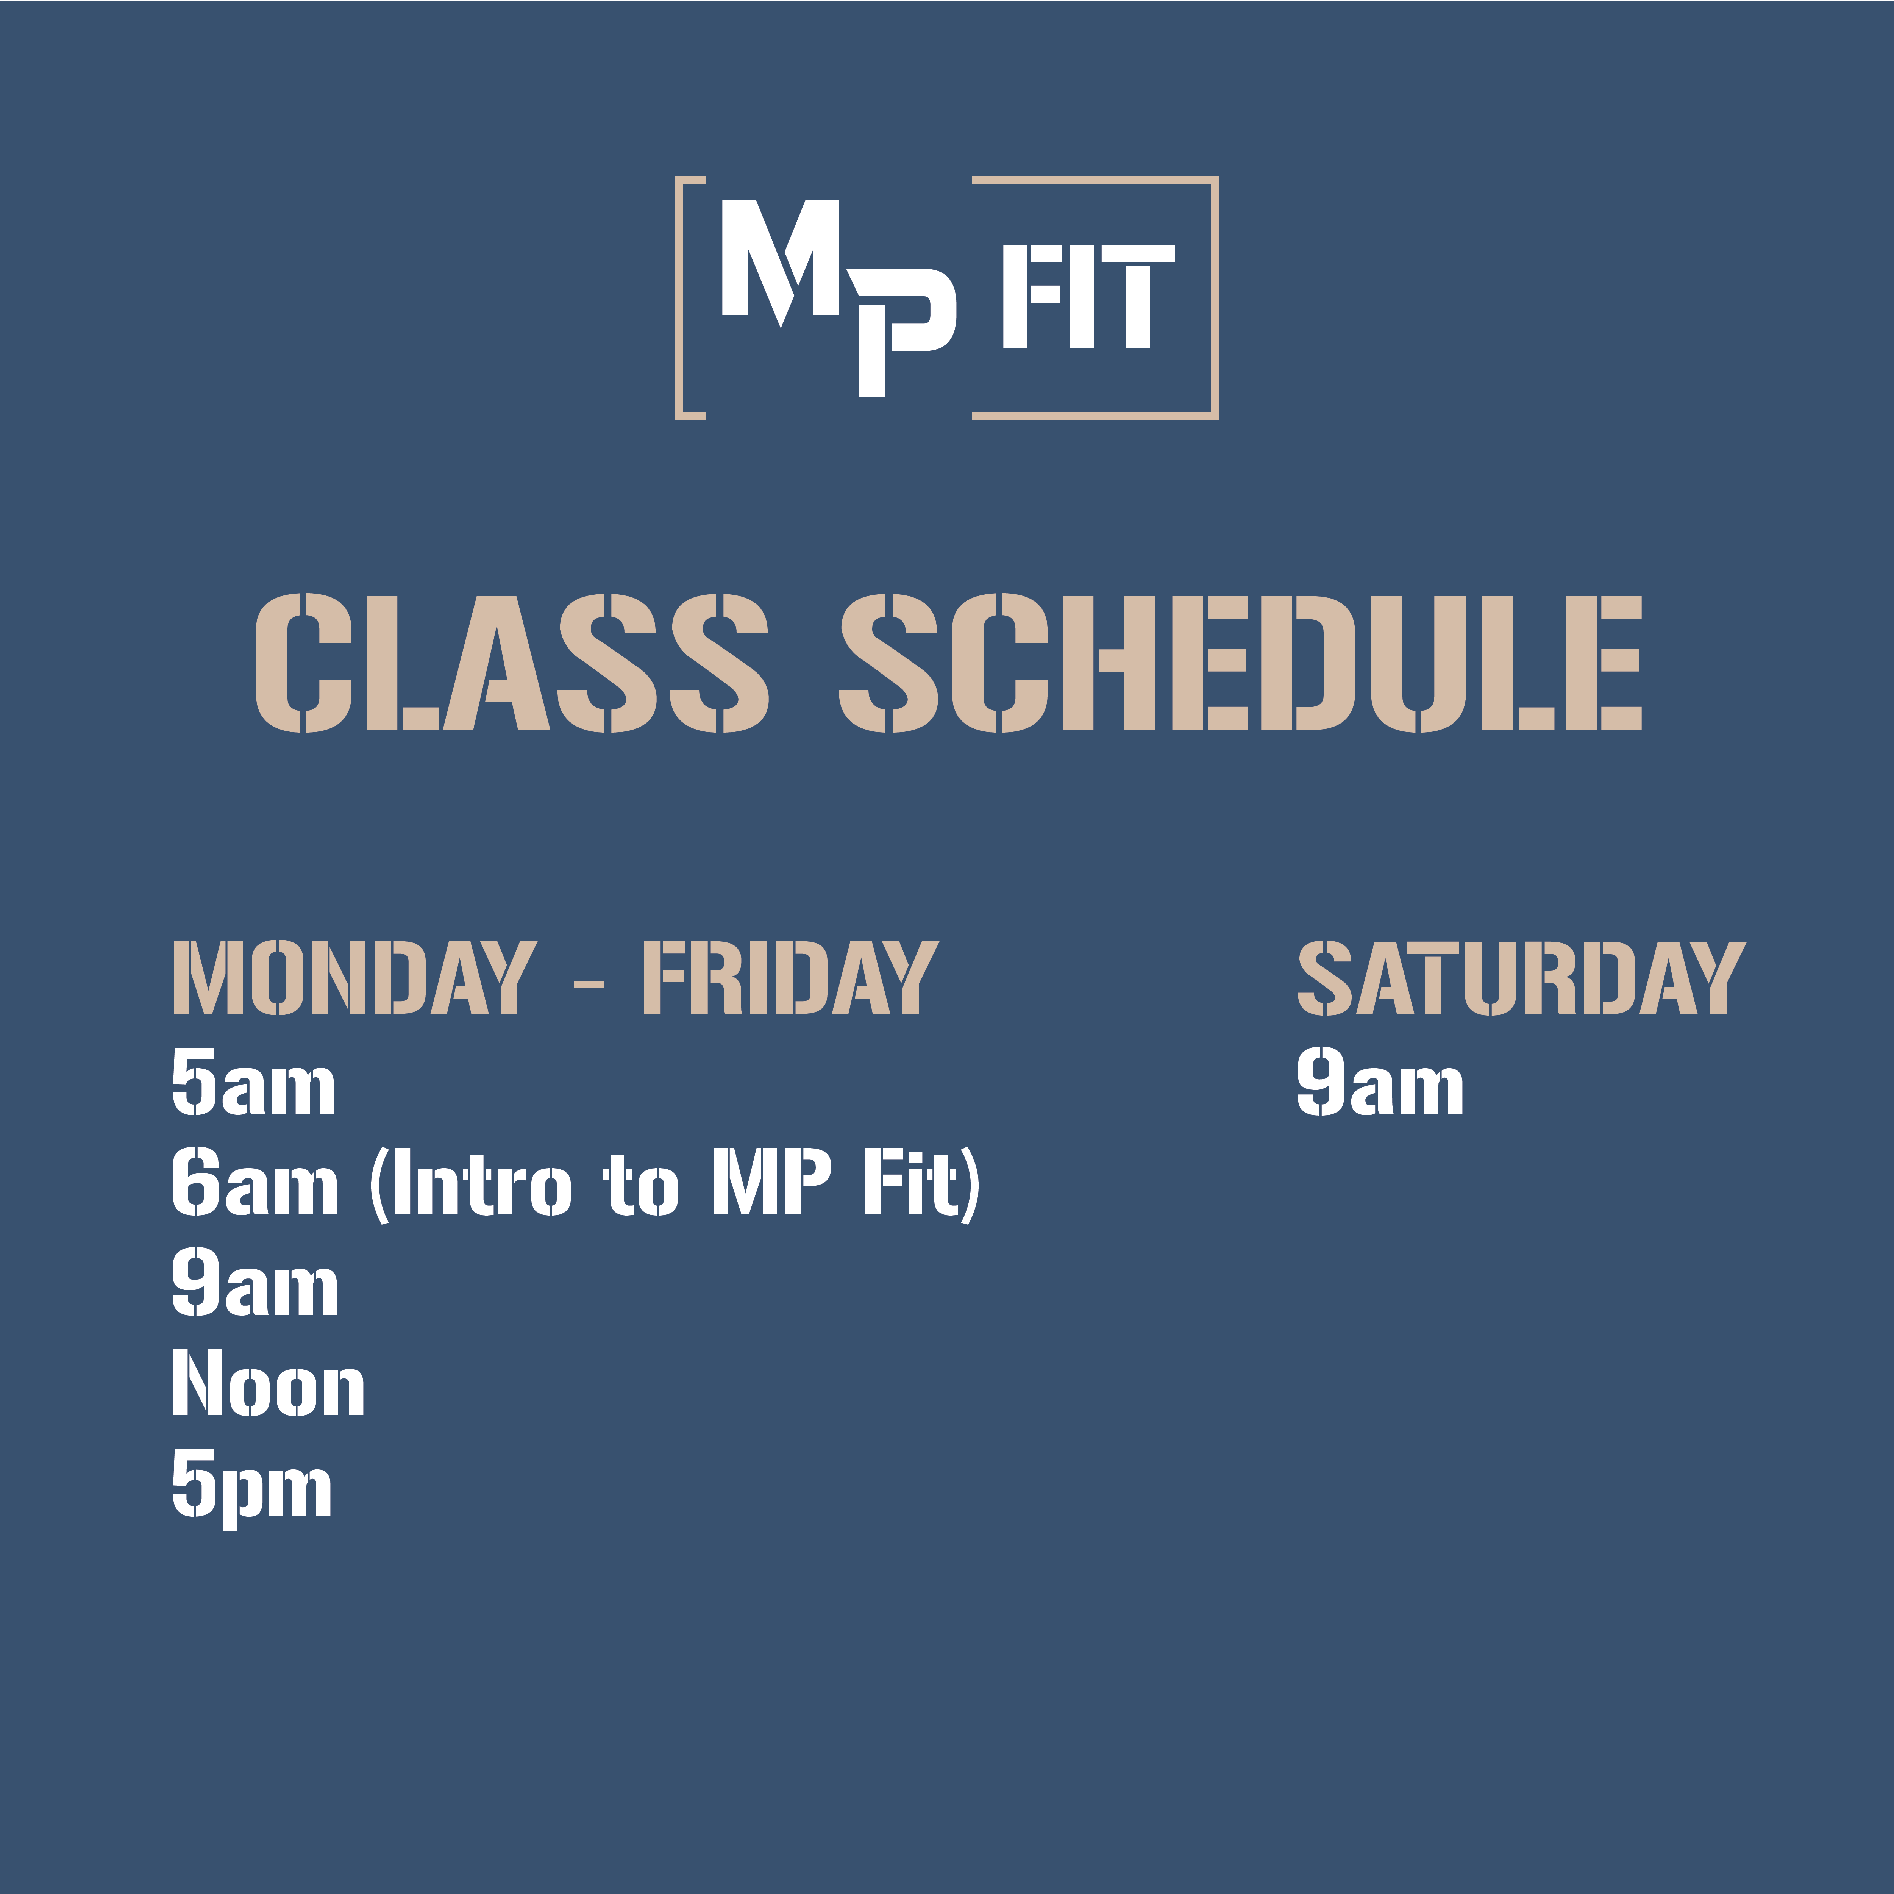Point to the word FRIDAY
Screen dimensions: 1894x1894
[x=790, y=977]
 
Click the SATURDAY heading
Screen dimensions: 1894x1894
[x=1521, y=977]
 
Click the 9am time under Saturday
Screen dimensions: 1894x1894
[x=1380, y=1081]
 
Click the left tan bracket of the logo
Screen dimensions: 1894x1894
[x=679, y=298]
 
